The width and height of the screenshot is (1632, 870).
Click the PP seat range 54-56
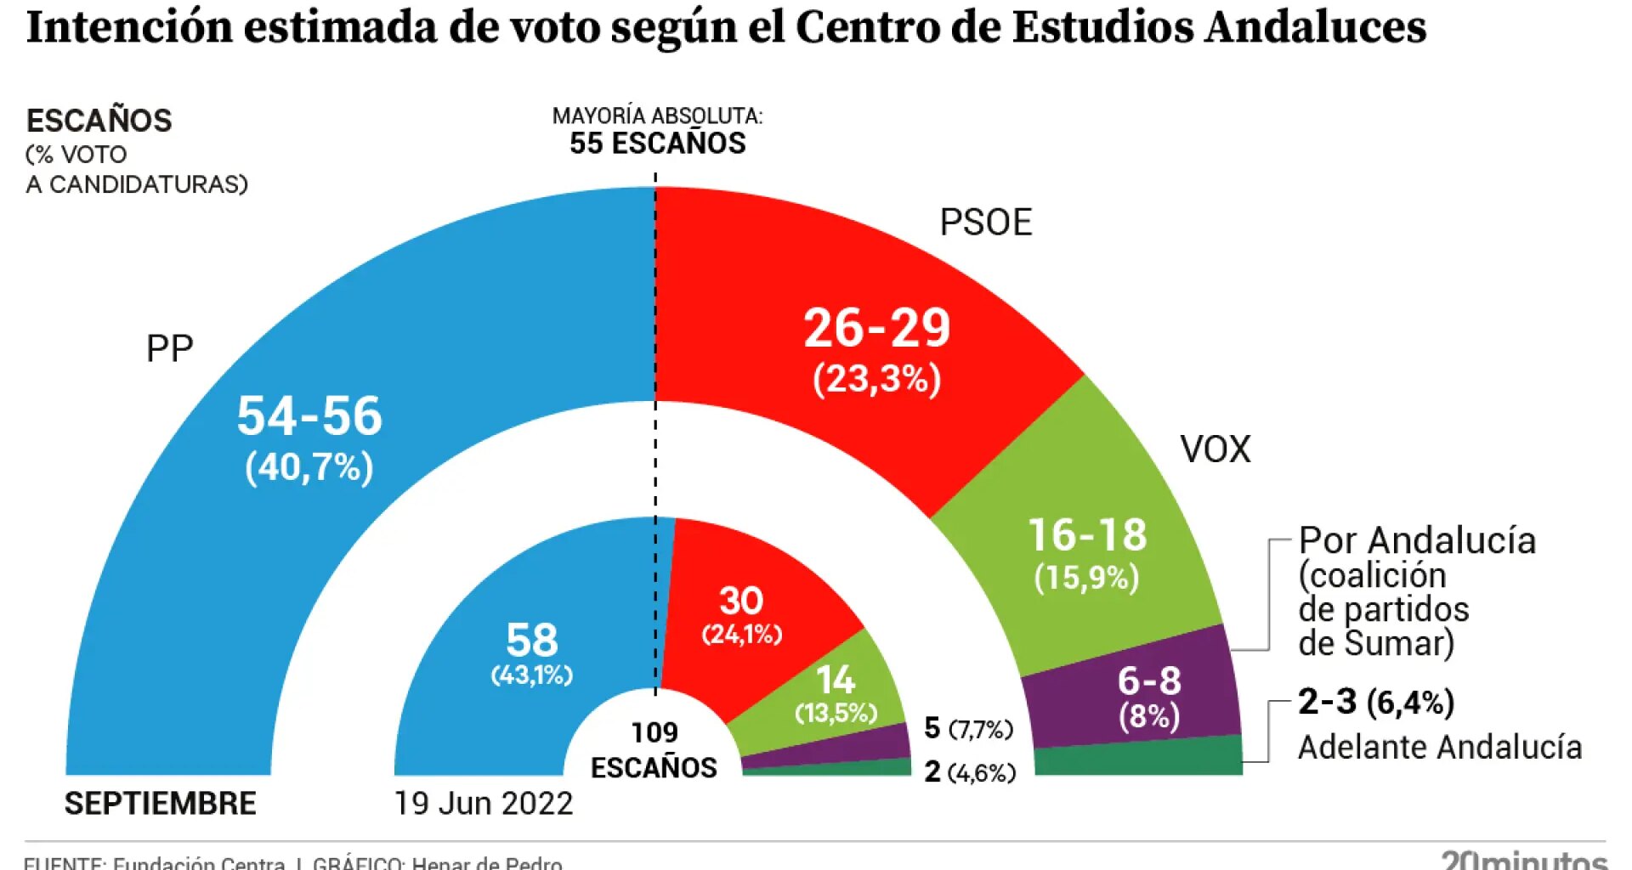click(309, 416)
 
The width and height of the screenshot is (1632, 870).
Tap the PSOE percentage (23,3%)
click(876, 379)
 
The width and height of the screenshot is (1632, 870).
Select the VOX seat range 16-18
click(1087, 535)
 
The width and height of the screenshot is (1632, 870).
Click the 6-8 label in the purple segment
click(1148, 681)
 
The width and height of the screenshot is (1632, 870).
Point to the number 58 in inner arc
click(532, 641)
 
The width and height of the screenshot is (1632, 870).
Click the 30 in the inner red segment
click(741, 602)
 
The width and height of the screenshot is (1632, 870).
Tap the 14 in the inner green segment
click(836, 681)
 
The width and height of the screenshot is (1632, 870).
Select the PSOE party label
click(985, 223)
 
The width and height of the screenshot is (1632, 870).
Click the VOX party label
click(1215, 449)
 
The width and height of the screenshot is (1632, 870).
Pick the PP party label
click(170, 348)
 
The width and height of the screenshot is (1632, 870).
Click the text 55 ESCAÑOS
click(657, 144)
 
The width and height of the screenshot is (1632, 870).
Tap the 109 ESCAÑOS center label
click(654, 750)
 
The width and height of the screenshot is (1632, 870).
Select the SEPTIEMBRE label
click(160, 804)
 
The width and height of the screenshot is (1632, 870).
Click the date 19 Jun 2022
click(484, 804)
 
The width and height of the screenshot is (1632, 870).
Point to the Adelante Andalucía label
click(1439, 748)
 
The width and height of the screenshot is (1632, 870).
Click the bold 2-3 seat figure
click(1327, 702)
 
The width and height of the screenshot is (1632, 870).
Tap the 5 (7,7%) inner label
click(968, 728)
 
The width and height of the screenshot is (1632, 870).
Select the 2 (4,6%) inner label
click(969, 772)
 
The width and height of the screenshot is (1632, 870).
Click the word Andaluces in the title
click(1315, 27)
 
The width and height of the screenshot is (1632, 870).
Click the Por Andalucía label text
click(1417, 541)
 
